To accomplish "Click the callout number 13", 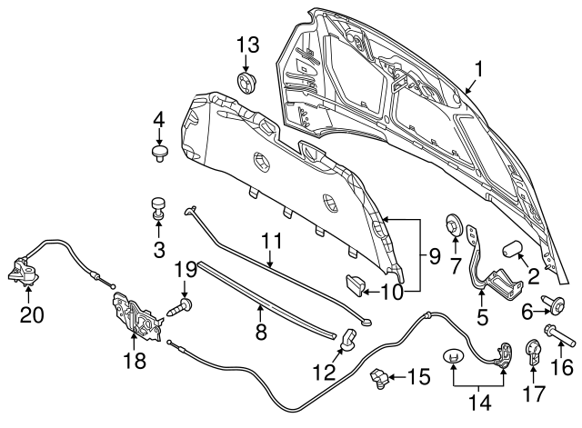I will click(x=247, y=44).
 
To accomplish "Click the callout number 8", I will click(x=261, y=332).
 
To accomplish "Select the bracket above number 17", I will click(x=536, y=351).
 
